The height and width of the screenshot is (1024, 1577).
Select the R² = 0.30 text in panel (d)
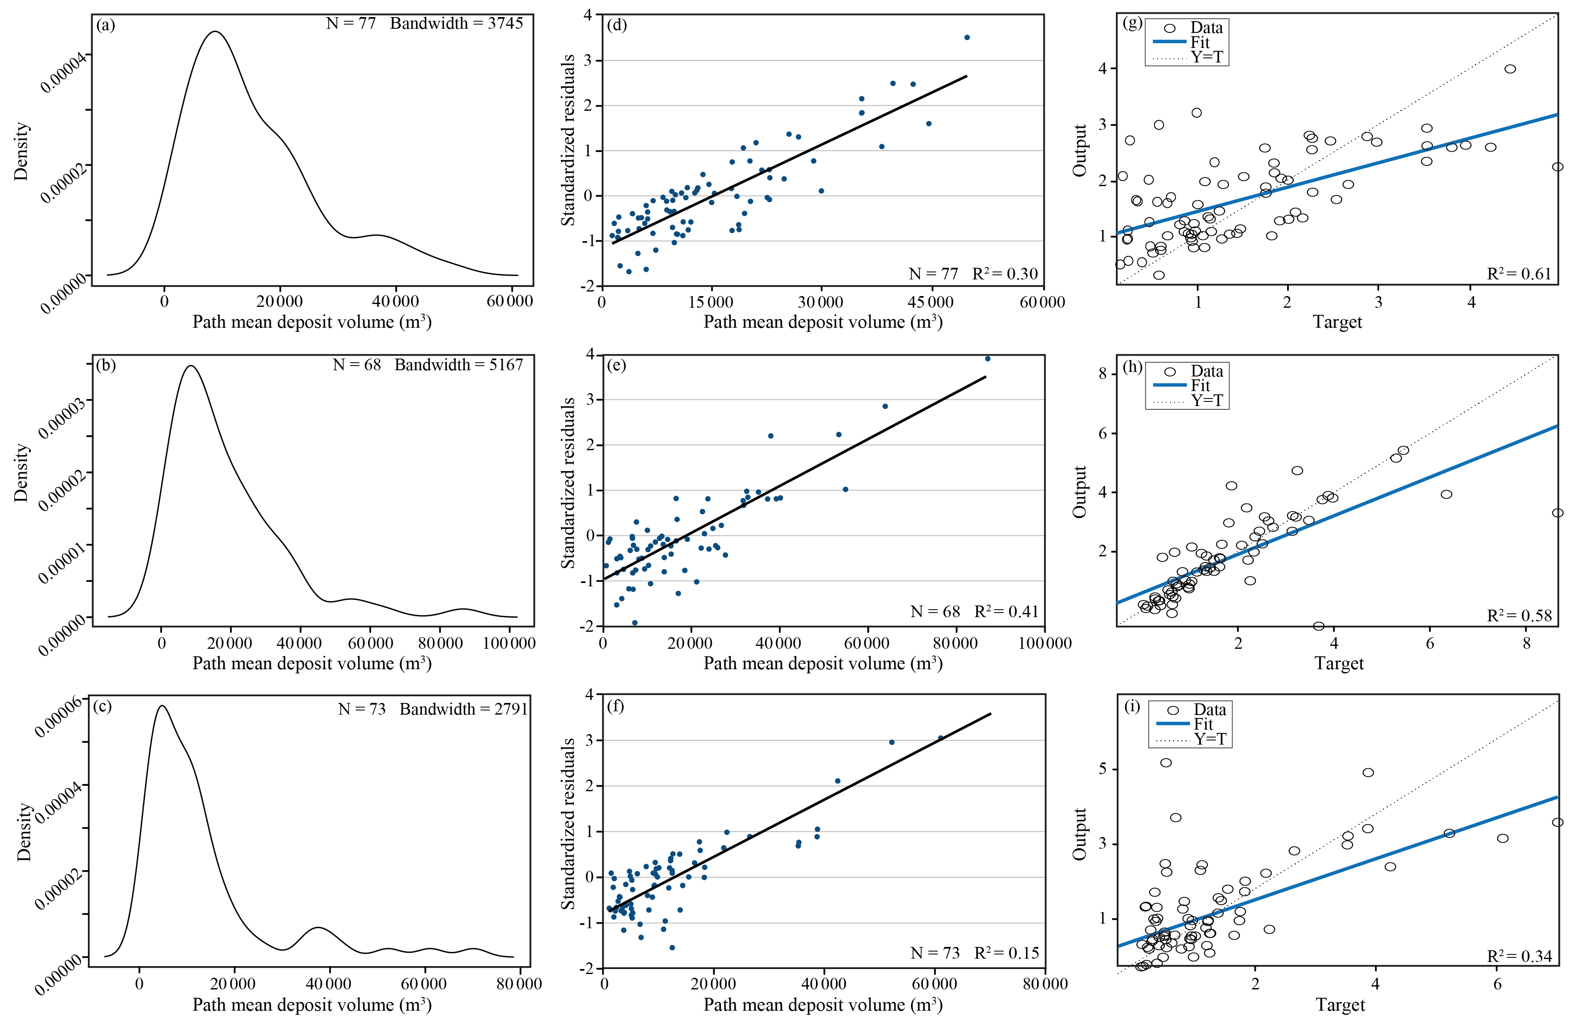click(x=1005, y=274)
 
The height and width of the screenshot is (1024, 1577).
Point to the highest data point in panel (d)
click(x=967, y=38)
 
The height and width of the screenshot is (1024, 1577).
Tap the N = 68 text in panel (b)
click(x=357, y=365)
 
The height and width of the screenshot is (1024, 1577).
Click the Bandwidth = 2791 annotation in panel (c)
click(x=463, y=709)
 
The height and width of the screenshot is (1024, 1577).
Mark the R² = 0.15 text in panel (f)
click(x=1006, y=953)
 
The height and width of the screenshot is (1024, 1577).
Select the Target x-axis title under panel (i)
click(x=1340, y=1005)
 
